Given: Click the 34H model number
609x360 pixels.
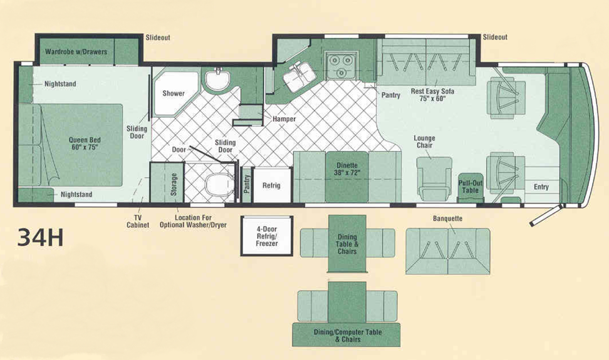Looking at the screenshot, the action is [40, 238].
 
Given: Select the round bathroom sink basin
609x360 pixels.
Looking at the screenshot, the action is [217, 80].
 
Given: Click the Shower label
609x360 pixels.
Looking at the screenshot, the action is [174, 93].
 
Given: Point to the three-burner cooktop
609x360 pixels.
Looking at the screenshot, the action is [341, 64].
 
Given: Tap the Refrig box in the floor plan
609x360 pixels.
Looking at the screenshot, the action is [272, 185].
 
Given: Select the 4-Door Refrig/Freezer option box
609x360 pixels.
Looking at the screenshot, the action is [267, 236].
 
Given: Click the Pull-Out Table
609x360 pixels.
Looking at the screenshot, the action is [471, 187].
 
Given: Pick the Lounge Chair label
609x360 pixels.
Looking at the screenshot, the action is [425, 141].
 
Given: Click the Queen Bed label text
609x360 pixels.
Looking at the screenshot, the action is [85, 143].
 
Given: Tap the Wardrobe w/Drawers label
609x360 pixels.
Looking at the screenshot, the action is [76, 51].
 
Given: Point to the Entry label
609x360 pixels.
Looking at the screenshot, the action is [541, 187].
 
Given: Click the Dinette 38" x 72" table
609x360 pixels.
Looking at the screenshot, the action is [347, 177].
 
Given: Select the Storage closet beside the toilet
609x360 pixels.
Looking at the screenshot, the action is [167, 182].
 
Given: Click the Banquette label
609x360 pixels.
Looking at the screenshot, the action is [447, 219].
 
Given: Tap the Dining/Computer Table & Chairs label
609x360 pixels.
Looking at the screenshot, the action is [348, 336].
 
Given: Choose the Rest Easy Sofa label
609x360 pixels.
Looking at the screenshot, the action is [432, 95].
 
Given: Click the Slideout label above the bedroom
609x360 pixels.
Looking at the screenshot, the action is [158, 38].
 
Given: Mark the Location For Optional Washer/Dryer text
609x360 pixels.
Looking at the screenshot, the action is [193, 221].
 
